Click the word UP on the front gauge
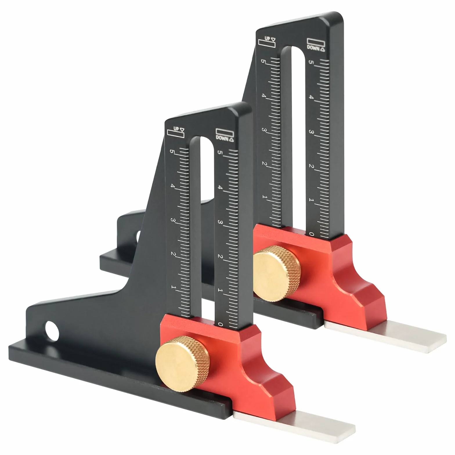point(176,129)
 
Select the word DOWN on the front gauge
point(222,138)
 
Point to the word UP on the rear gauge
point(267,39)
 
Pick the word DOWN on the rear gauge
point(313,48)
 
